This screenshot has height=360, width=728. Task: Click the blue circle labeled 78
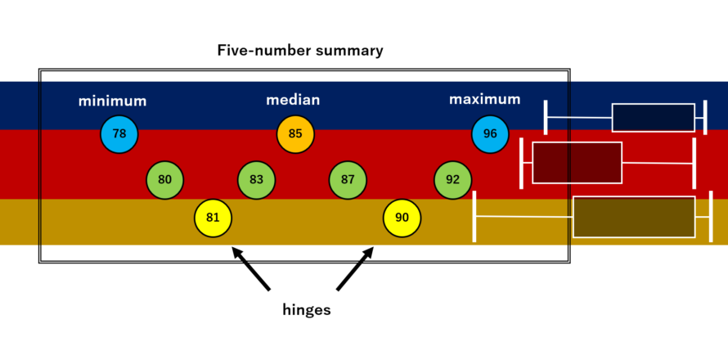pos(119,134)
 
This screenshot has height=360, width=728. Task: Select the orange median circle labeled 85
pos(295,134)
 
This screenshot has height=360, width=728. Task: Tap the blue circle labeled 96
pos(490,134)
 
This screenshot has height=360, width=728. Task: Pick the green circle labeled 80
pos(165,180)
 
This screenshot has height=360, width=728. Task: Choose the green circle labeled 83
pos(256,180)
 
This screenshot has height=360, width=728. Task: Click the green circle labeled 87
pos(348,180)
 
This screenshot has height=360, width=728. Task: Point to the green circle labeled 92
pos(453,180)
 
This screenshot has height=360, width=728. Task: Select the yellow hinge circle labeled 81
pos(213,218)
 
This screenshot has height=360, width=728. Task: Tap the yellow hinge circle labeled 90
pos(402,218)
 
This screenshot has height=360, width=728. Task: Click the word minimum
pos(112,101)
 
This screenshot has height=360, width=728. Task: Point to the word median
pos(293,101)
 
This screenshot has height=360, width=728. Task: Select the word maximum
pos(484,100)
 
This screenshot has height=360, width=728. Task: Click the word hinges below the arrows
pos(306,310)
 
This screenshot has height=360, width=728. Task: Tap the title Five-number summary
pos(300,51)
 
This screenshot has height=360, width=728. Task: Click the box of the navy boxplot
pos(653,117)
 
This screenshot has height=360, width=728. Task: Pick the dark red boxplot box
pos(577,163)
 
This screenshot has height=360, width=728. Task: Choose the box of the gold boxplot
pos(633,217)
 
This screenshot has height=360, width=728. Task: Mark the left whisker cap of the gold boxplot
pos(474,216)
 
